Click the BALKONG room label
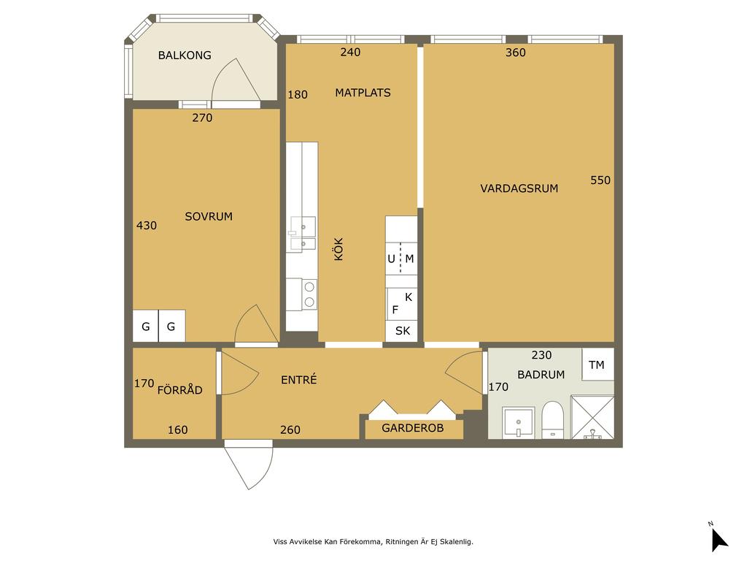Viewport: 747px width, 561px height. tap(185, 56)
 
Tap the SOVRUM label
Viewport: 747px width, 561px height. tap(209, 216)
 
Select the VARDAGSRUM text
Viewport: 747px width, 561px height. tap(519, 188)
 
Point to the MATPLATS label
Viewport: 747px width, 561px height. tap(363, 93)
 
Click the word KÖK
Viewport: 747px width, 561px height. tap(338, 249)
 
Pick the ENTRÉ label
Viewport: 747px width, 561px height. tap(298, 380)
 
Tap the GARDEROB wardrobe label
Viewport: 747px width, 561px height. tap(413, 428)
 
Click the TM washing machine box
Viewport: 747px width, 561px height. tap(597, 365)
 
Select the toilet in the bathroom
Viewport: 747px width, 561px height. tap(553, 419)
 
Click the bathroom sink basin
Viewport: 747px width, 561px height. tap(518, 422)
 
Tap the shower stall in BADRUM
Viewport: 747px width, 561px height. tap(592, 417)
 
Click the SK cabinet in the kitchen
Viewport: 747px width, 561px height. tap(402, 331)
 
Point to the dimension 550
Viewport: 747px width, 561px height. tap(600, 180)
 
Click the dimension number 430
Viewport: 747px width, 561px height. tap(146, 226)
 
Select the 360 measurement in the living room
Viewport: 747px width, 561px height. tap(516, 53)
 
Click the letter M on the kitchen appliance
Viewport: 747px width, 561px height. tap(409, 259)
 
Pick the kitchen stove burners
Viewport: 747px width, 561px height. tap(309, 294)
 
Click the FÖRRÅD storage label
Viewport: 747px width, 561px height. tap(179, 390)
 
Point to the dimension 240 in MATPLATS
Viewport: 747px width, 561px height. tap(350, 53)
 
